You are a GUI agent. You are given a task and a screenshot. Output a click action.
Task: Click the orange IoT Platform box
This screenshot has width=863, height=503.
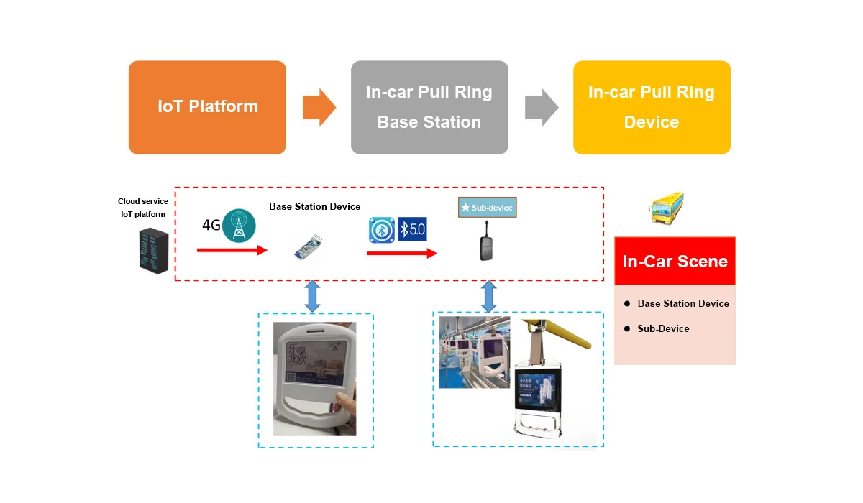[x=207, y=107]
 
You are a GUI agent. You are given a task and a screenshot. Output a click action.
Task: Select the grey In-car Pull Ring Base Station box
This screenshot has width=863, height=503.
[x=429, y=107]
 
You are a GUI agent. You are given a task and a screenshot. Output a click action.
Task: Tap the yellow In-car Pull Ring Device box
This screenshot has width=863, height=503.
[x=652, y=107]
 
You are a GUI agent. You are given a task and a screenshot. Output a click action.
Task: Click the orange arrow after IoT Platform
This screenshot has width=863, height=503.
[x=319, y=108]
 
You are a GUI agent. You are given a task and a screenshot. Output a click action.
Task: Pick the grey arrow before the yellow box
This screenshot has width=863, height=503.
[x=541, y=108]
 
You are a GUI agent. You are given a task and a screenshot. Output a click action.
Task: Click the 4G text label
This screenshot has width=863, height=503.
[x=211, y=225]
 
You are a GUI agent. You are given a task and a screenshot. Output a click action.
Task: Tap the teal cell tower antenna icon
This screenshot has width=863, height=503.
[x=239, y=224]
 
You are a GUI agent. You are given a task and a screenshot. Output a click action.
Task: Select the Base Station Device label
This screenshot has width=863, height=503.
[x=315, y=207]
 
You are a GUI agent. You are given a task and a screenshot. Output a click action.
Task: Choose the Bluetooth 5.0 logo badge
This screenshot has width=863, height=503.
[x=412, y=229]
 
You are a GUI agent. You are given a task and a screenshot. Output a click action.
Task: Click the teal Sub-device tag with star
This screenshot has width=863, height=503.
[x=487, y=208]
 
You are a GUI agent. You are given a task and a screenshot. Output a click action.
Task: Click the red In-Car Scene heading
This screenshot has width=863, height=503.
[x=675, y=262]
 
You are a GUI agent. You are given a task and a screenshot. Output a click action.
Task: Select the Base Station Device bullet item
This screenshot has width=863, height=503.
[x=682, y=303]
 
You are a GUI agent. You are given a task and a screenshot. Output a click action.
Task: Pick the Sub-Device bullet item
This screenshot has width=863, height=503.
[x=662, y=328]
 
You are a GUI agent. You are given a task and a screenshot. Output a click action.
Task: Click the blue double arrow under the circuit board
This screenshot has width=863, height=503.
[x=312, y=296]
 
